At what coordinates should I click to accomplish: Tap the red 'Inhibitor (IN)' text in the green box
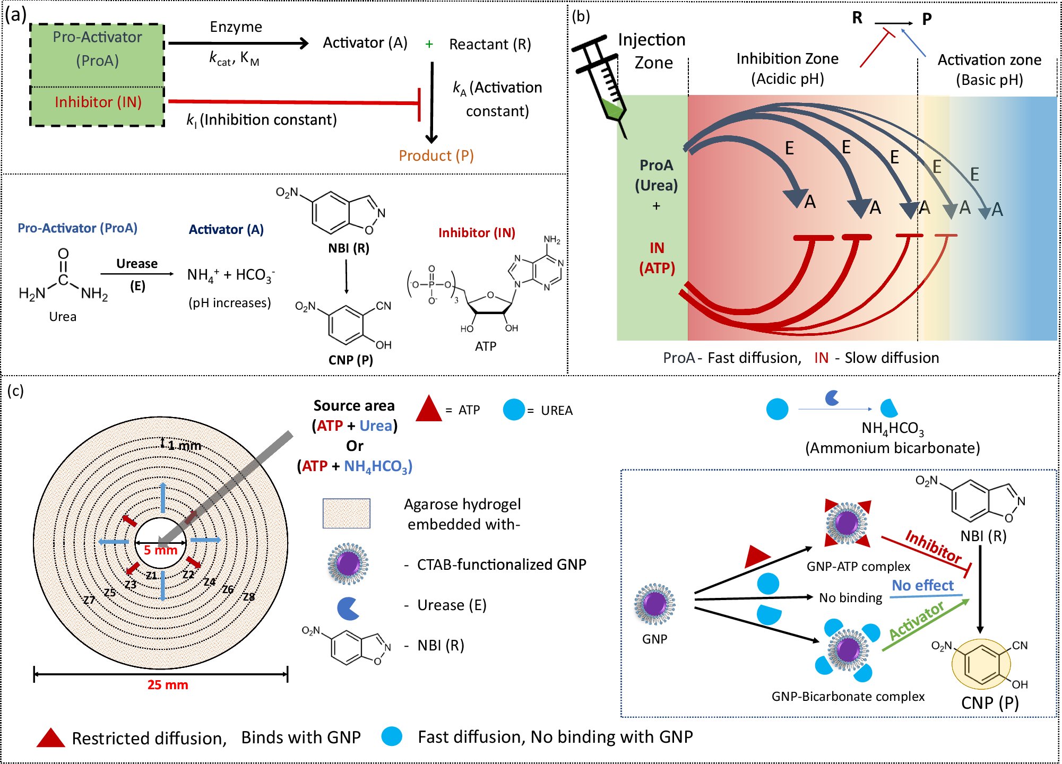(x=98, y=102)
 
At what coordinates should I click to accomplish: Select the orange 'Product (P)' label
(x=436, y=155)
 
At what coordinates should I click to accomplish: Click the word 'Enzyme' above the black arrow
(x=236, y=27)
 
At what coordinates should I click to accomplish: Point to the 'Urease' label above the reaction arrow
(x=137, y=264)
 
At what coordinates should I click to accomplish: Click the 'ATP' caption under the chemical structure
(x=486, y=346)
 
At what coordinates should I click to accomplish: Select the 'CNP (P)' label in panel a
(x=351, y=360)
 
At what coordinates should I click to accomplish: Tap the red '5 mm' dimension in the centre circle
(x=160, y=551)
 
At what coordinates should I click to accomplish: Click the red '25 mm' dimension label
(x=168, y=685)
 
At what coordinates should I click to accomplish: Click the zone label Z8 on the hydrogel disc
(x=249, y=597)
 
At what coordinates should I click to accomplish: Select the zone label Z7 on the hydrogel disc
(x=89, y=600)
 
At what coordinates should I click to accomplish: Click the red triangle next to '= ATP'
(x=429, y=409)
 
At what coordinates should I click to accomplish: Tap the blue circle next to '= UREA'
(x=514, y=410)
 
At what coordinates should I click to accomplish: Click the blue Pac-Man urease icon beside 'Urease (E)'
(x=348, y=608)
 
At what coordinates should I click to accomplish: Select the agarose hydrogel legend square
(x=347, y=513)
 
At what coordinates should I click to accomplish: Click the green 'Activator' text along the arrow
(x=917, y=621)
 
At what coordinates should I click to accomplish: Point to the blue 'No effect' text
(x=922, y=585)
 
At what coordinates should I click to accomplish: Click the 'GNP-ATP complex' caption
(x=858, y=567)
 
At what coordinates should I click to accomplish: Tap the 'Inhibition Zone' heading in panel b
(x=787, y=59)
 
